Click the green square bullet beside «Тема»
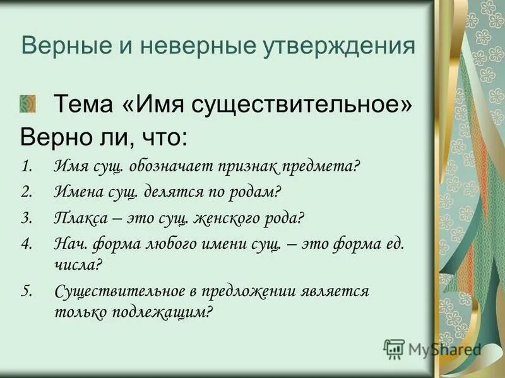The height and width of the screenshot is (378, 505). tap(28, 102)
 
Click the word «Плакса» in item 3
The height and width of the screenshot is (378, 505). tap(79, 219)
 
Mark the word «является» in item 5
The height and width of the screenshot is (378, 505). tap(335, 291)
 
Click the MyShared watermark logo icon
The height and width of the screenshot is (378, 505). tap(395, 348)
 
